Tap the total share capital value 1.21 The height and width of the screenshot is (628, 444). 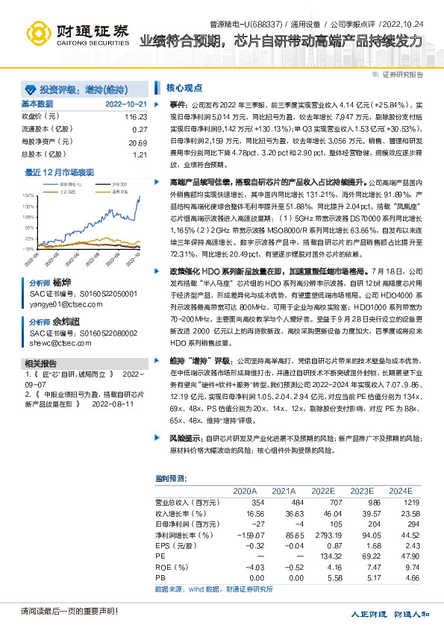[140, 154]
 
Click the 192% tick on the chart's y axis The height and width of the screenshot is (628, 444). [28, 192]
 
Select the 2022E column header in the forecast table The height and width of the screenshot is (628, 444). [323, 491]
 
